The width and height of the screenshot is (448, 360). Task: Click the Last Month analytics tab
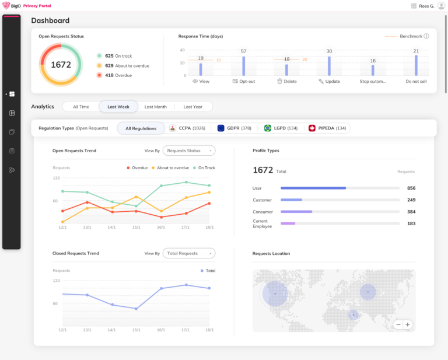click(156, 107)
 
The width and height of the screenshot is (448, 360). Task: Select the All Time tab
click(81, 107)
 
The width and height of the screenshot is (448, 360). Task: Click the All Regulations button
click(141, 128)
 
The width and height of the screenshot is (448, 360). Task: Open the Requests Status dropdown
click(188, 151)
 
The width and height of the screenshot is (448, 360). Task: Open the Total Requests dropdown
click(188, 253)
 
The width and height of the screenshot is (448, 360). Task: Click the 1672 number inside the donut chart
click(61, 65)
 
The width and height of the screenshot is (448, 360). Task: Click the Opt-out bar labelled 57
click(243, 65)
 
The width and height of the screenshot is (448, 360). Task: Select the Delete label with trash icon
click(286, 82)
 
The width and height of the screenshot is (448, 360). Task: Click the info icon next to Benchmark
click(426, 36)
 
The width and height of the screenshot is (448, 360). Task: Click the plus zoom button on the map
click(408, 324)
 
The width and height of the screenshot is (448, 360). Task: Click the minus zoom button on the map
click(398, 324)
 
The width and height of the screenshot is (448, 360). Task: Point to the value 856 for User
click(411, 188)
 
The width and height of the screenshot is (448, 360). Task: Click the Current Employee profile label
click(261, 223)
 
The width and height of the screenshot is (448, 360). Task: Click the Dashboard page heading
click(50, 20)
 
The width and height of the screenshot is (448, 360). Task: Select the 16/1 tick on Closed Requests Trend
click(161, 330)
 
